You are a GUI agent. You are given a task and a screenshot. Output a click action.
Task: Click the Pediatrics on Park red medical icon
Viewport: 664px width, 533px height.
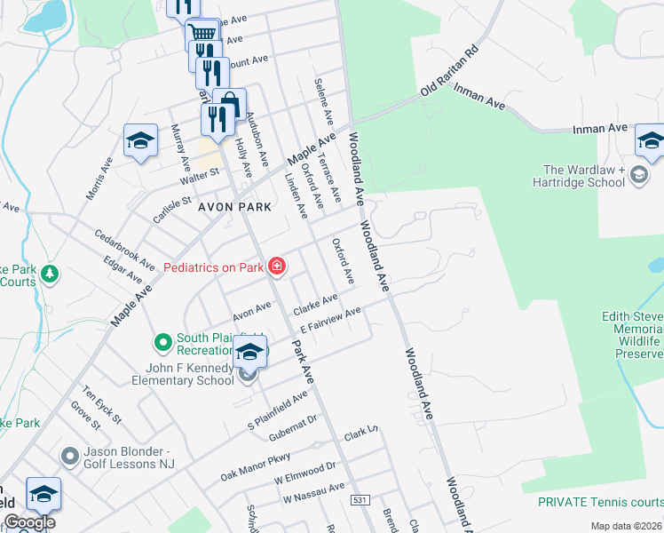tap(277, 266)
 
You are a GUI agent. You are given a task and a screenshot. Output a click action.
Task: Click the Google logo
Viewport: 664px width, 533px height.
tap(28, 522)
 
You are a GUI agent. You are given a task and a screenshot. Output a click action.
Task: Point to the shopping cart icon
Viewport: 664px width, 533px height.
tap(203, 33)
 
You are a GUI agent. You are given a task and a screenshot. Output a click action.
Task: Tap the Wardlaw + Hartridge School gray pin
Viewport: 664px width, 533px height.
tap(638, 176)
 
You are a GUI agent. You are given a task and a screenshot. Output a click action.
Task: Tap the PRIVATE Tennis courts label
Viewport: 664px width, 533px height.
tap(600, 502)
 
